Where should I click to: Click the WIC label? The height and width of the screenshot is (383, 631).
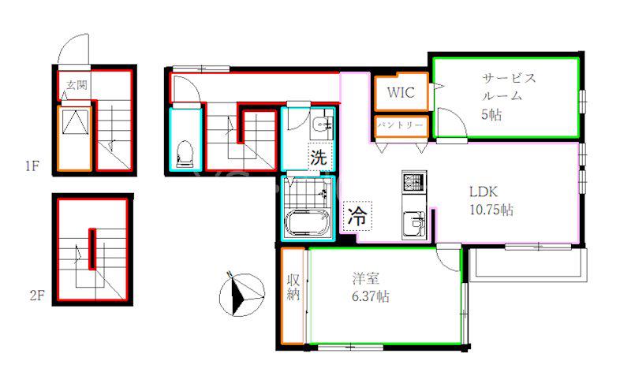click(401, 92)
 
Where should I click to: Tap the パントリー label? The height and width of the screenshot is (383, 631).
click(401, 125)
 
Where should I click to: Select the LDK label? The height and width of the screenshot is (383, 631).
click(484, 191)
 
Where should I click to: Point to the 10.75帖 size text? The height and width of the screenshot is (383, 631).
click(491, 210)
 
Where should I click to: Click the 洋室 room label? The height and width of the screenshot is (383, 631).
click(365, 278)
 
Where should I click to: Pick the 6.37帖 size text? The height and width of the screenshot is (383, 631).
click(371, 296)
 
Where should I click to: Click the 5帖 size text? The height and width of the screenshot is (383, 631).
click(491, 114)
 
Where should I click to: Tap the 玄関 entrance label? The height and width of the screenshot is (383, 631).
click(77, 85)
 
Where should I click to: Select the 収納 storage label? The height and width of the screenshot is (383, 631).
click(293, 287)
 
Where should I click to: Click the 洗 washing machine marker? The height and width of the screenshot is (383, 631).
click(319, 157)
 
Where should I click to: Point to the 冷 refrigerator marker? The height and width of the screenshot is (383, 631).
click(357, 216)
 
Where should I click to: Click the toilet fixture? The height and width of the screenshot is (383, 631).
click(185, 154)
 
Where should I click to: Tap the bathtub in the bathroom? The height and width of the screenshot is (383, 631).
click(308, 222)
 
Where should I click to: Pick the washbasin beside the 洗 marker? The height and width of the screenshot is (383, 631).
click(322, 125)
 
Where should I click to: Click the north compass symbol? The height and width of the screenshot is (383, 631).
click(241, 295)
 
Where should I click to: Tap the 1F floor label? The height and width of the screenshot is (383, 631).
click(32, 166)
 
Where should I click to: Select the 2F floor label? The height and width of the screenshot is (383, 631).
click(36, 296)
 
